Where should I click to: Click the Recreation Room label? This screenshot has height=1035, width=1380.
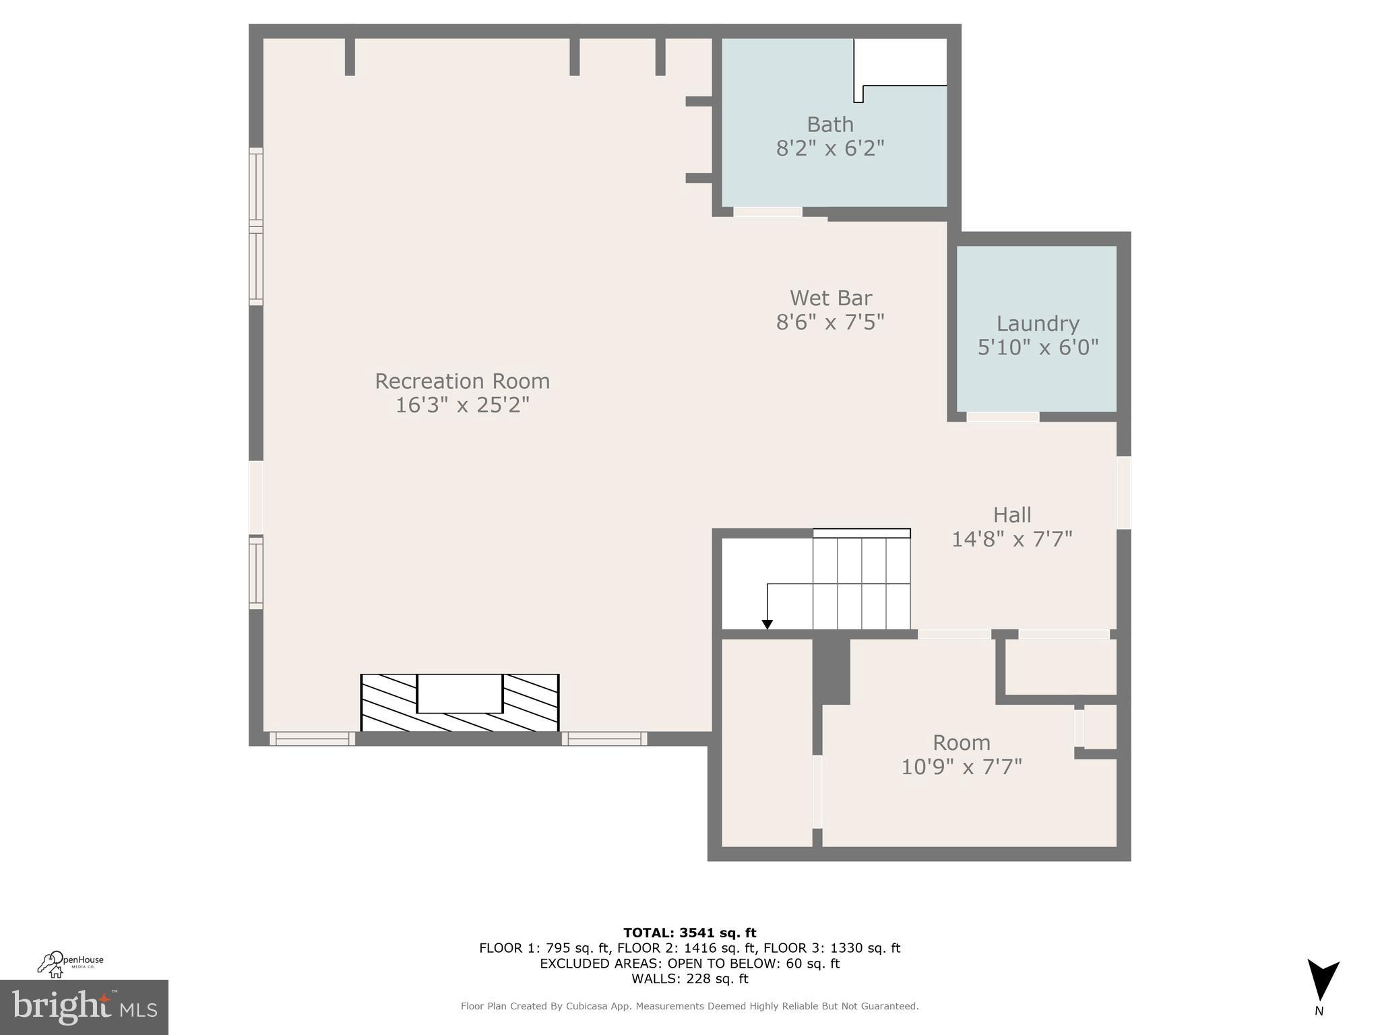pos(462,381)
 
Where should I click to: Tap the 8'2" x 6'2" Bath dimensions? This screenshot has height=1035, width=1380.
pos(830,148)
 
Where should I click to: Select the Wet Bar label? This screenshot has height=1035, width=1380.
pos(830,298)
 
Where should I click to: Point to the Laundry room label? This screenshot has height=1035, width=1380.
pos(1038,323)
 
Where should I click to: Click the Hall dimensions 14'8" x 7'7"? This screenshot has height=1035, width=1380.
pos(1011,539)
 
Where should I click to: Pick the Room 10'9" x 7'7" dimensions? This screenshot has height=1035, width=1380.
pos(962,767)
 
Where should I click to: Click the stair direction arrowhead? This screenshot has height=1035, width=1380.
pos(767,625)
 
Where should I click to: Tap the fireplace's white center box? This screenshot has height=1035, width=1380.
pos(460,693)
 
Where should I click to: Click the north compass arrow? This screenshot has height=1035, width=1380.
pos(1322,980)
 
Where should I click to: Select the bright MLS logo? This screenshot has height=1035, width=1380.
pos(84,1007)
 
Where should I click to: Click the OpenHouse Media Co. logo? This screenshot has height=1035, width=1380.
pos(70,964)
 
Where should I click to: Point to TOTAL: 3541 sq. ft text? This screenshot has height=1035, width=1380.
pos(689,933)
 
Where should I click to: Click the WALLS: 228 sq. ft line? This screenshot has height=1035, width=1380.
pos(689,978)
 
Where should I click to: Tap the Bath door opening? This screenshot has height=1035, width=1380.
pos(767,212)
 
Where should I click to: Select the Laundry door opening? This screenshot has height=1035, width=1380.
pos(1003,417)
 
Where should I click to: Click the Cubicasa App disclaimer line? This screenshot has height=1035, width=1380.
pos(689,1006)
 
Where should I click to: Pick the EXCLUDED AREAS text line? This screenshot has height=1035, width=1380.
pos(689,964)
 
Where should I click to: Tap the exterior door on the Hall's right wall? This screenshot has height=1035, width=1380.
pos(1123,493)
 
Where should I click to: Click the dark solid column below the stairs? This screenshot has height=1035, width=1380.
pos(831,670)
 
